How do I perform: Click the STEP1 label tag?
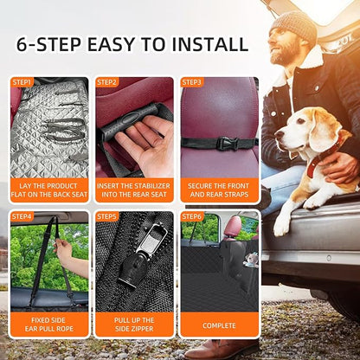pos(22,82)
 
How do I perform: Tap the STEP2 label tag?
pos(106,82)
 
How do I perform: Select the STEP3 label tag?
pos(192,82)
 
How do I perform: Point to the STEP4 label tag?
pos(22,216)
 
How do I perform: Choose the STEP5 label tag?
pos(106,216)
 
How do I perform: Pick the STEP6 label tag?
pos(192,216)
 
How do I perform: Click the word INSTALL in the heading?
pos(209,44)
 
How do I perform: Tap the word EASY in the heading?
pos(112,44)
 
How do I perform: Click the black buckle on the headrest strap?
pos(228,143)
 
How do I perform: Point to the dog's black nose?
pos(279,135)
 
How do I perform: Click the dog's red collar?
pos(320,158)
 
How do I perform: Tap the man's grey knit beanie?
pos(293,27)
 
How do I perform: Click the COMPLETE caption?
pos(219,325)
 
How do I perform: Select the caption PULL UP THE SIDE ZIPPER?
pos(134,325)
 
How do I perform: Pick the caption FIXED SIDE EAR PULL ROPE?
pos(49,325)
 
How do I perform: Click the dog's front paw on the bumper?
pos(280,227)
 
